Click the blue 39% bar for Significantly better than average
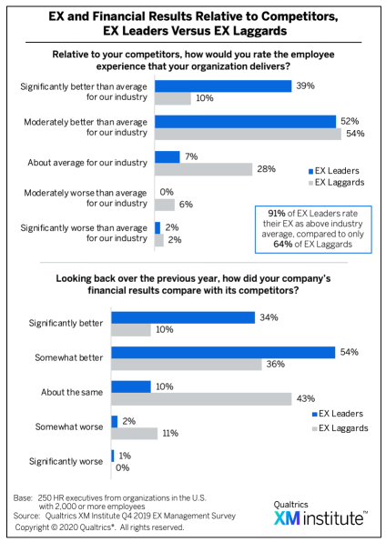(x=223, y=86)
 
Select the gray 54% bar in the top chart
(x=248, y=134)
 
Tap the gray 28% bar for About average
(x=203, y=169)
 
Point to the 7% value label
(x=191, y=156)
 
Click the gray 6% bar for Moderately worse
(x=165, y=205)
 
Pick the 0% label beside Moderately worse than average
(x=167, y=192)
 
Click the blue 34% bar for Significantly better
(x=183, y=317)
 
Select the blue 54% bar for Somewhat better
(x=223, y=352)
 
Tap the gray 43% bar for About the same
(x=201, y=399)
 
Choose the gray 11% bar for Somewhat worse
(x=135, y=434)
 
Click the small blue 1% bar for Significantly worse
(x=113, y=456)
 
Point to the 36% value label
(x=276, y=364)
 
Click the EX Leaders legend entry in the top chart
(x=334, y=171)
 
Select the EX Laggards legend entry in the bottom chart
(x=340, y=428)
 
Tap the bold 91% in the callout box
(x=277, y=214)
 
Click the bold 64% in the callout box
(x=282, y=245)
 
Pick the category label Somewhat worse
(x=69, y=427)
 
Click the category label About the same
(x=72, y=392)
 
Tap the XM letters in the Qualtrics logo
(x=287, y=518)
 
